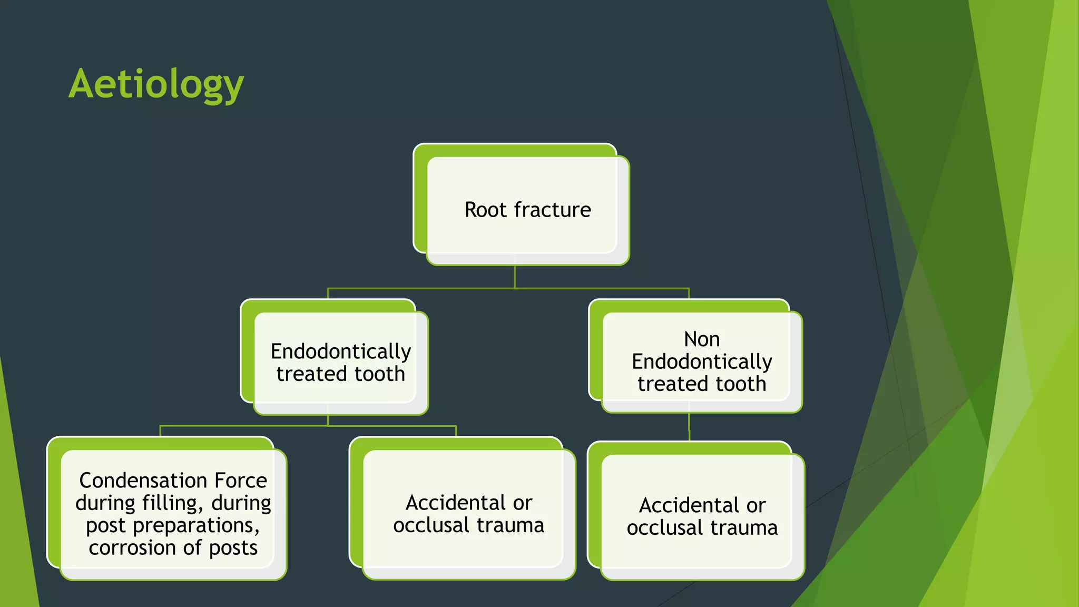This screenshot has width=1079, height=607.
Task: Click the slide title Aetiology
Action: (156, 84)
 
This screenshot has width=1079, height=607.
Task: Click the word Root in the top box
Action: (485, 210)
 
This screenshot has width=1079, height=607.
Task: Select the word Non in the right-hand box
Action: (702, 339)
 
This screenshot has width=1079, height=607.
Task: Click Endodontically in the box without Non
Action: (340, 351)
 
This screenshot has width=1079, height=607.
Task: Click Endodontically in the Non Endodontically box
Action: (702, 362)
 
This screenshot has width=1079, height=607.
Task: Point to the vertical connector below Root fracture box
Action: (515, 277)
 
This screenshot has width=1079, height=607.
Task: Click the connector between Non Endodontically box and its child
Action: (689, 427)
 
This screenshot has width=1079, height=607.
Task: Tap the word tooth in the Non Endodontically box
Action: (740, 384)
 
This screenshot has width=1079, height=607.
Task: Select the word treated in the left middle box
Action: (311, 374)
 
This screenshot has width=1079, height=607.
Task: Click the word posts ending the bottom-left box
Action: (233, 548)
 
